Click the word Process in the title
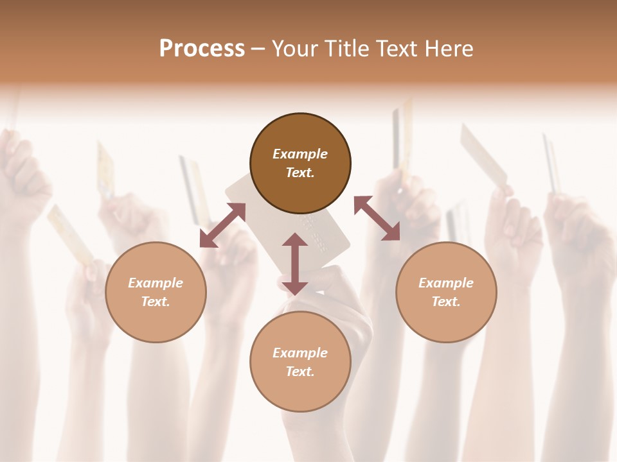[202, 49]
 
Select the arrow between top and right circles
[377, 219]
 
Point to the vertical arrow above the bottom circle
[295, 264]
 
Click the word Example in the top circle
[300, 154]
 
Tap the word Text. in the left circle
[156, 302]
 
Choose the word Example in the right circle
[446, 283]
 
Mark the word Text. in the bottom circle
[300, 372]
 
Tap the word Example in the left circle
[156, 283]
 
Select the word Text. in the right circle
[446, 302]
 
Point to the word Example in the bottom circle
[300, 353]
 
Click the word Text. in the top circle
[300, 173]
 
